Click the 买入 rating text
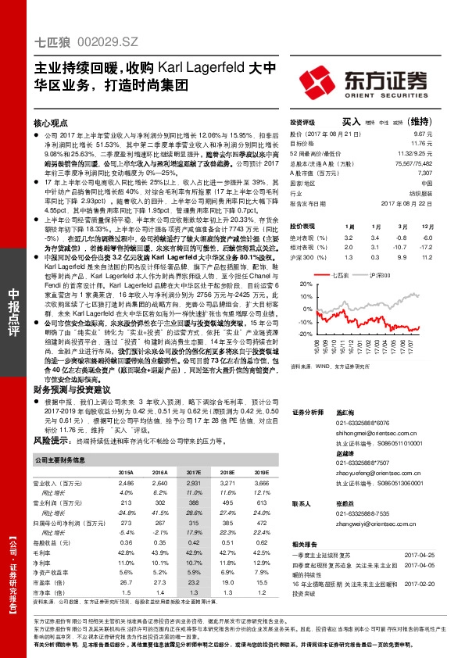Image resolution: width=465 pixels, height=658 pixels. point(352,122)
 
